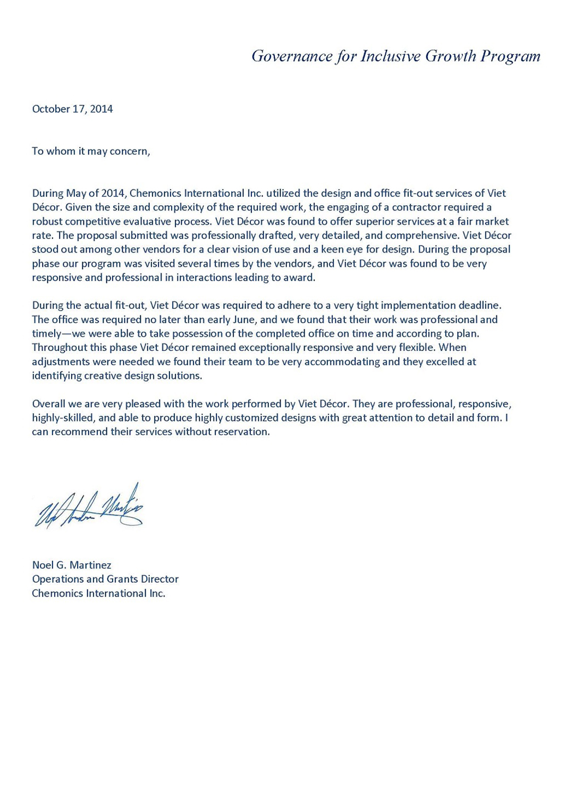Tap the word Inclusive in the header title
(390, 56)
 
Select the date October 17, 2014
(72, 109)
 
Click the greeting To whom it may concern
(91, 152)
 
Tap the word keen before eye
(333, 249)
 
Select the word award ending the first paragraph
(300, 278)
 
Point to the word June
(244, 320)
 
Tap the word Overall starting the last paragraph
(49, 404)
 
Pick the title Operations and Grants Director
(105, 579)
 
